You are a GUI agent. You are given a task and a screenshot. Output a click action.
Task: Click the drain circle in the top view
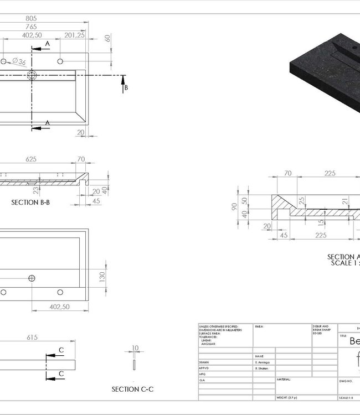click(x=31, y=76)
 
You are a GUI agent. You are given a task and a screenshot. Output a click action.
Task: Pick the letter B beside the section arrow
click(x=126, y=87)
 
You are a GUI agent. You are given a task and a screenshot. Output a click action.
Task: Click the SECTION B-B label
click(x=30, y=203)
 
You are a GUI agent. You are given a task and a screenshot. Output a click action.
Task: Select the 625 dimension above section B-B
click(x=31, y=159)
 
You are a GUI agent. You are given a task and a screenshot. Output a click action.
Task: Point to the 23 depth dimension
click(x=35, y=190)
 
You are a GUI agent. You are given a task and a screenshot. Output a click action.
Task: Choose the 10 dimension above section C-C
click(x=134, y=349)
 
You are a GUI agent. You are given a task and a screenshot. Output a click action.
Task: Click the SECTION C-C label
click(x=133, y=389)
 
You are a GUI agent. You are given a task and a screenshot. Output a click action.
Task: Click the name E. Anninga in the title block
click(x=264, y=361)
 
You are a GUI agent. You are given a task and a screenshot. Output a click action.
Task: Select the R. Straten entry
click(x=264, y=367)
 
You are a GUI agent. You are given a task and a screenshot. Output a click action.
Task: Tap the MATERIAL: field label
click(x=284, y=380)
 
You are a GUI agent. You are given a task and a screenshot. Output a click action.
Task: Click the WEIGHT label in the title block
click(x=286, y=398)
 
